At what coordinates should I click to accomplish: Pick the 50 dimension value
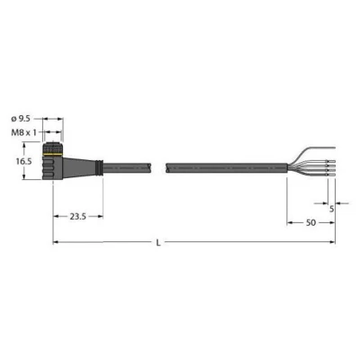click(x=311, y=221)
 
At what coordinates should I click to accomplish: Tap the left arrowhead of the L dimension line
click(x=56, y=242)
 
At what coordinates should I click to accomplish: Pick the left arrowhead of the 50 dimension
click(x=289, y=221)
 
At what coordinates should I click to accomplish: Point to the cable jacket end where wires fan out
click(x=287, y=166)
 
